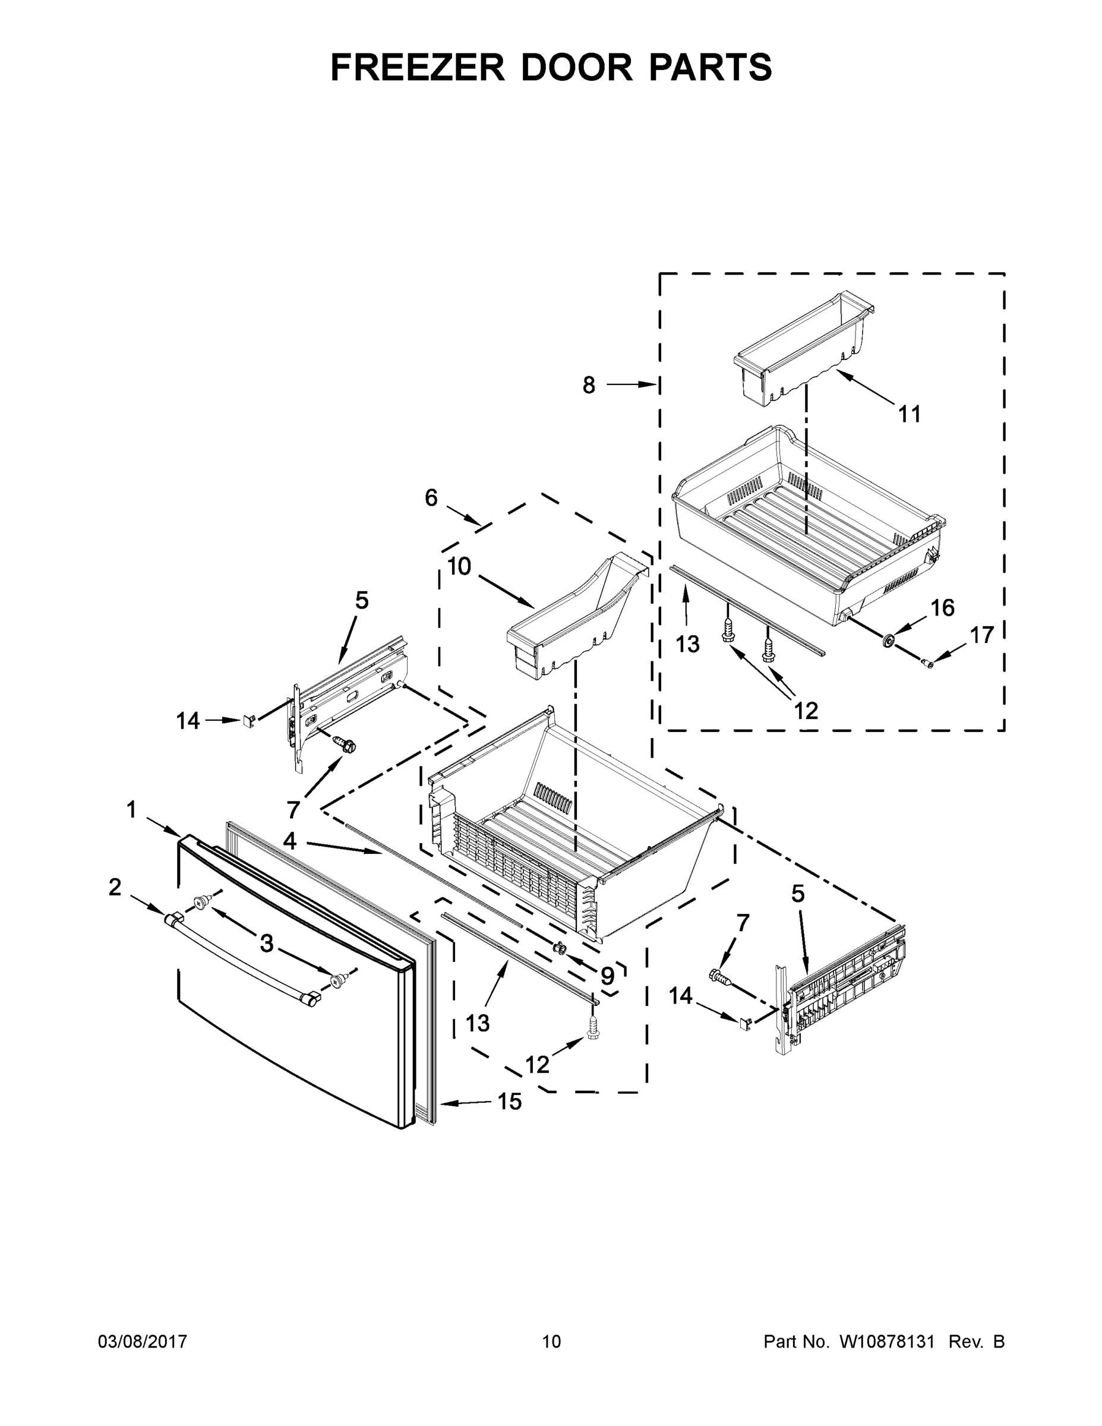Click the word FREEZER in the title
(x=417, y=67)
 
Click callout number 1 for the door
(x=132, y=810)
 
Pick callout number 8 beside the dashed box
(x=589, y=385)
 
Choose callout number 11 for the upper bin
(x=910, y=414)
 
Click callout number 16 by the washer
(x=942, y=608)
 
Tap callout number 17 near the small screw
(x=981, y=634)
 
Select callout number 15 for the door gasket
(x=510, y=1102)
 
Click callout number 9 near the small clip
(x=607, y=976)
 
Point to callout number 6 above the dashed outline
(x=431, y=497)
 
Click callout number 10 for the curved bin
(x=459, y=566)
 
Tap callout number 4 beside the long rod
(x=290, y=841)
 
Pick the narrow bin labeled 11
(x=804, y=346)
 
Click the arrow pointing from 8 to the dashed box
(x=631, y=385)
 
